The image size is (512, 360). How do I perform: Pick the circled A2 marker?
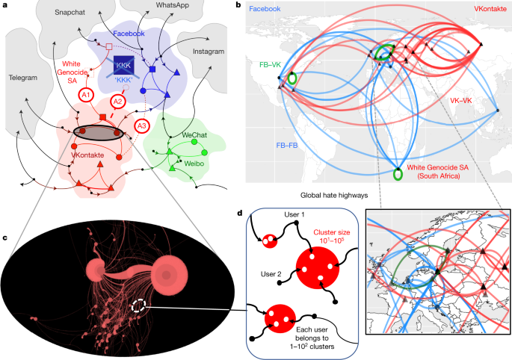[x=117, y=101]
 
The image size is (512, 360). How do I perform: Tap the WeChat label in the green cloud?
[x=196, y=134]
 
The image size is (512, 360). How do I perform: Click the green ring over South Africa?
[x=398, y=174]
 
